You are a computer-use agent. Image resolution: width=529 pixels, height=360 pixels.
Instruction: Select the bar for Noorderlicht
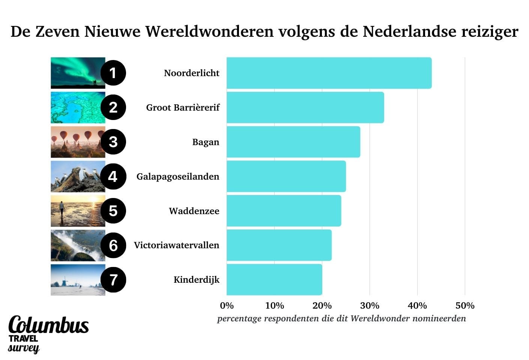329,73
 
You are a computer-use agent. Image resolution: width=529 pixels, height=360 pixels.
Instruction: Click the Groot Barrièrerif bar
305,108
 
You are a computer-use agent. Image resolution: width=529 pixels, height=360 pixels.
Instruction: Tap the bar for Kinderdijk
274,280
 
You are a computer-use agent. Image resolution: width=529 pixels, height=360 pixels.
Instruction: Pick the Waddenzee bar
284,211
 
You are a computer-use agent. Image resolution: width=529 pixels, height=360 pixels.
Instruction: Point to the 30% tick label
370,306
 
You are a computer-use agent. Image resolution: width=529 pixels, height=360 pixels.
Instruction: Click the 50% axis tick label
465,306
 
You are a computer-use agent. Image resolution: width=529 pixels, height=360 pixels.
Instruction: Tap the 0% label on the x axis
227,306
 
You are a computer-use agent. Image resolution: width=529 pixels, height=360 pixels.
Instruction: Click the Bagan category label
206,142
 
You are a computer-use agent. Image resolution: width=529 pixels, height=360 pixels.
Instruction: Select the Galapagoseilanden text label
177,177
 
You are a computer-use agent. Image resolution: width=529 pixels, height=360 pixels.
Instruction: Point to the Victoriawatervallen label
176,245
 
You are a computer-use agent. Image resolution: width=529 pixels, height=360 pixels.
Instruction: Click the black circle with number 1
113,73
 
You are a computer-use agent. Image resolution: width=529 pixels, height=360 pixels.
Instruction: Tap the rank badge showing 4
113,177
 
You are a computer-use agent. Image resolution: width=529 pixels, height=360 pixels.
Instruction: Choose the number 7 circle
113,280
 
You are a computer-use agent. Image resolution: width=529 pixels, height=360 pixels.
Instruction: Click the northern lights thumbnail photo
77,73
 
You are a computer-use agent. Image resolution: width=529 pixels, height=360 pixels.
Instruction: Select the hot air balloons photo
77,142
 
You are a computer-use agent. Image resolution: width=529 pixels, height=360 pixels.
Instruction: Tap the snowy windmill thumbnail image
77,280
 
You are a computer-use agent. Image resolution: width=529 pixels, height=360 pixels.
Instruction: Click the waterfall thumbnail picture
77,245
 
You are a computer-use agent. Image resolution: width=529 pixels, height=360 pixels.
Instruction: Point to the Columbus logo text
48,325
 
